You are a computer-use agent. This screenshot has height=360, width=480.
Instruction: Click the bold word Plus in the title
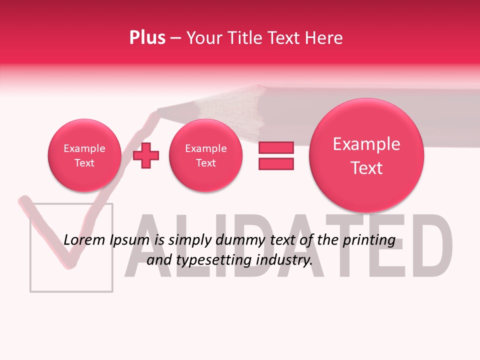click(x=147, y=38)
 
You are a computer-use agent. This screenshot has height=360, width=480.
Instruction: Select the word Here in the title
click(x=325, y=38)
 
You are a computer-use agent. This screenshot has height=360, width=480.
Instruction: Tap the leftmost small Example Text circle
click(x=84, y=155)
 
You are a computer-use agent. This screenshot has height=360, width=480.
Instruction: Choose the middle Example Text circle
click(x=205, y=155)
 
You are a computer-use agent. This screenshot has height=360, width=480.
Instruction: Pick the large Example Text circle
click(x=366, y=155)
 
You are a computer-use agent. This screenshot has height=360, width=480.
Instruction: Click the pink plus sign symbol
click(x=146, y=155)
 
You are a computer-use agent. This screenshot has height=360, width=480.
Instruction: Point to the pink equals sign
click(x=276, y=155)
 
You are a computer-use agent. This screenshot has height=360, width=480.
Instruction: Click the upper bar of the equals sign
click(x=276, y=148)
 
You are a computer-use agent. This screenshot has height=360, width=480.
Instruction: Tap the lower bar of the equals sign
click(x=276, y=163)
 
